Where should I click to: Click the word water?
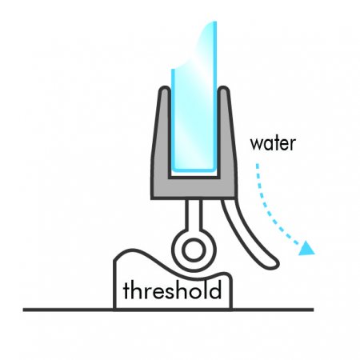[273, 144]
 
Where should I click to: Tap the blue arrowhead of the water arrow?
[306, 249]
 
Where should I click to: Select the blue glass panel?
[194, 106]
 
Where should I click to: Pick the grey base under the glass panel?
[194, 189]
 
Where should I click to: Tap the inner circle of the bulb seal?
[194, 250]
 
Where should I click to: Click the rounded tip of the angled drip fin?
[274, 265]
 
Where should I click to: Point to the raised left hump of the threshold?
[130, 254]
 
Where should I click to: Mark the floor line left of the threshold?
[68, 310]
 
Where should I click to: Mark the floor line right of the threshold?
[272, 310]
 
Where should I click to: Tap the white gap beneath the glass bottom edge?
[194, 174]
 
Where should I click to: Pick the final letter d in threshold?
[216, 290]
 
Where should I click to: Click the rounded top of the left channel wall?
[165, 90]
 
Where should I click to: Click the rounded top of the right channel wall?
[223, 90]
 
